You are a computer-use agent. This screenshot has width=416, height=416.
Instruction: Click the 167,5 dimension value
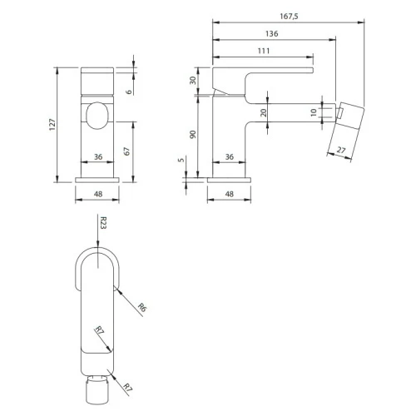pyautogui.click(x=289, y=17)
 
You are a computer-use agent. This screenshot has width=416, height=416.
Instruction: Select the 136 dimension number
pyautogui.click(x=271, y=34)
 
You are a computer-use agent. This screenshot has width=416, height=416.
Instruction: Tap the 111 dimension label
pyautogui.click(x=264, y=51)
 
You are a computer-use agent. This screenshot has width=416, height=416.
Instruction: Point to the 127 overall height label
pyautogui.click(x=52, y=125)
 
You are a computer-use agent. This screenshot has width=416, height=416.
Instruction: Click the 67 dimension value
pyautogui.click(x=126, y=151)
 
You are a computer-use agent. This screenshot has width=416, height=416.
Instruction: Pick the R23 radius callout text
pyautogui.click(x=103, y=223)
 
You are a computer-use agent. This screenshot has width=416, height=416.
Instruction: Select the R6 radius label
pyautogui.click(x=142, y=308)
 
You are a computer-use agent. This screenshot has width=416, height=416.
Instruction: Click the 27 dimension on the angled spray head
pyautogui.click(x=341, y=150)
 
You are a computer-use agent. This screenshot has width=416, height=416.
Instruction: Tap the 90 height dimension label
pyautogui.click(x=193, y=135)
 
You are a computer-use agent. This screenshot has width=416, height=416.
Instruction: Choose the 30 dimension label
pyautogui.click(x=193, y=81)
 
